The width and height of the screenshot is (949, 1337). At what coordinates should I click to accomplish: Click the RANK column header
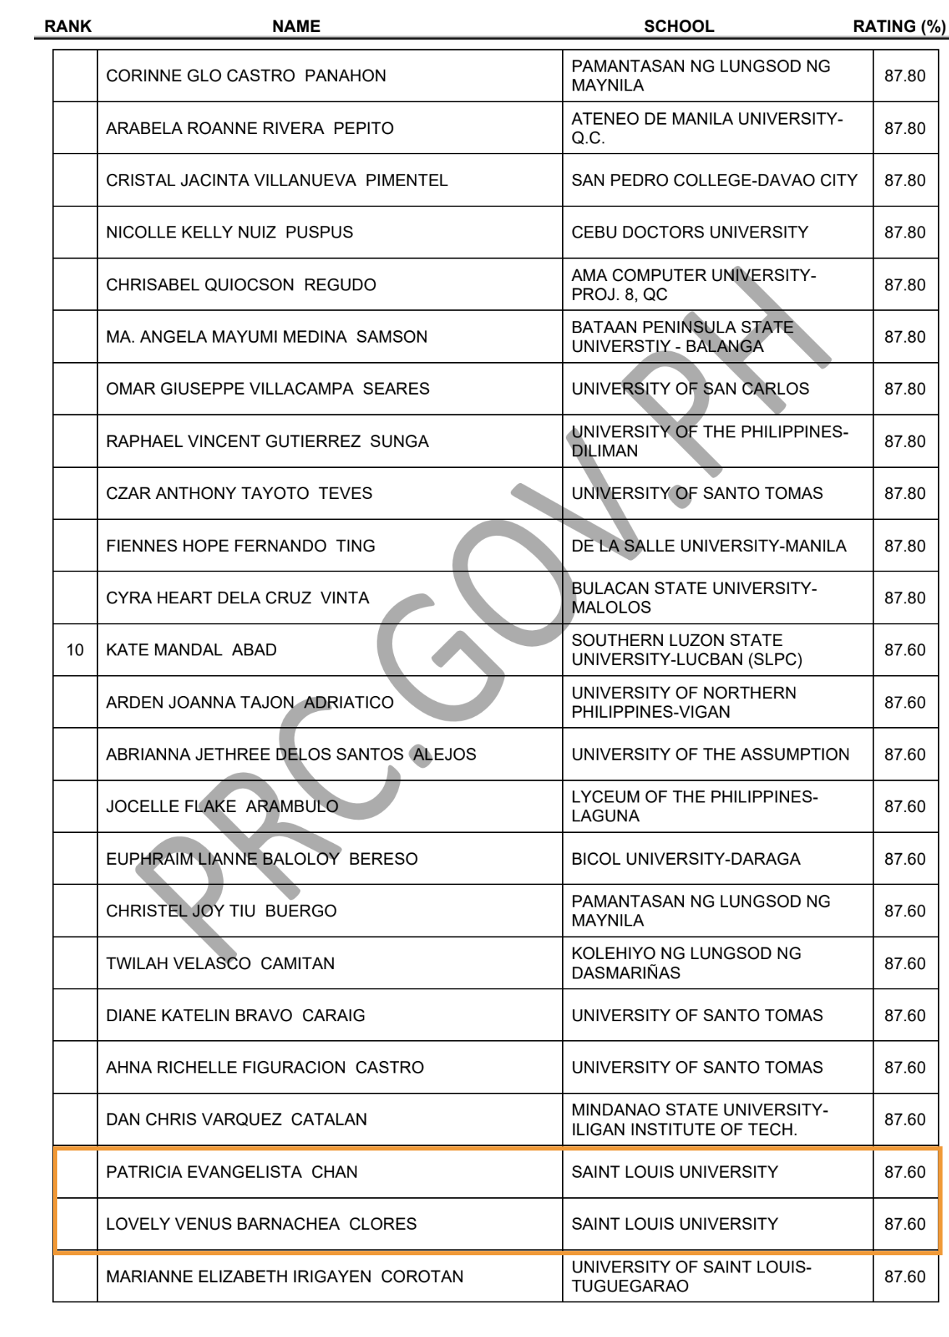pyautogui.click(x=68, y=26)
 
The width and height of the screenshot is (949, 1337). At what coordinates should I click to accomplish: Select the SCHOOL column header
pyautogui.click(x=679, y=26)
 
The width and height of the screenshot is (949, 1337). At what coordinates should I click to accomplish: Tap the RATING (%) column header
pyautogui.click(x=899, y=26)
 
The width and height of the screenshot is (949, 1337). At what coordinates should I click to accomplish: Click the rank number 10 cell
pyautogui.click(x=75, y=650)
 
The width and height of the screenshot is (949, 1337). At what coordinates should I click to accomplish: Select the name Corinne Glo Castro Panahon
pyautogui.click(x=246, y=76)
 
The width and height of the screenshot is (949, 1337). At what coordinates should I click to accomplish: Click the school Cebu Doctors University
pyautogui.click(x=689, y=232)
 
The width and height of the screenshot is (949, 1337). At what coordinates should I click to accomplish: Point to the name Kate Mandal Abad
pyautogui.click(x=191, y=650)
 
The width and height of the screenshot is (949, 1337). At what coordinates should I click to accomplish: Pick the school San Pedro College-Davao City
pyautogui.click(x=714, y=180)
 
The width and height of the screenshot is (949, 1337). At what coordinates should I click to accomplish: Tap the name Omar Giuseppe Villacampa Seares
pyautogui.click(x=267, y=389)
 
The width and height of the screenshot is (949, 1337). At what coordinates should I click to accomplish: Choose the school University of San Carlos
pyautogui.click(x=690, y=389)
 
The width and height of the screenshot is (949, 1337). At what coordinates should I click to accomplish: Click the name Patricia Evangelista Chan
pyautogui.click(x=232, y=1172)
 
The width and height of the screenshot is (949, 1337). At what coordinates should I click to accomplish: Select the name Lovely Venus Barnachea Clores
pyautogui.click(x=261, y=1224)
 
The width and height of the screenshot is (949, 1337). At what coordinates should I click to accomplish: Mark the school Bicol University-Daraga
pyautogui.click(x=685, y=859)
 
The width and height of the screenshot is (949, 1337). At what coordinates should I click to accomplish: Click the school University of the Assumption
pyautogui.click(x=710, y=755)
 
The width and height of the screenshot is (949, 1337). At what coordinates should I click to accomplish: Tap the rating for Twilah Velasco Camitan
pyautogui.click(x=905, y=963)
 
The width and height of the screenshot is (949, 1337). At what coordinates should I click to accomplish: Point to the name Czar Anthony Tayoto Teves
pyautogui.click(x=239, y=493)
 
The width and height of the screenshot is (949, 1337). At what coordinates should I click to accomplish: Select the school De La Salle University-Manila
pyautogui.click(x=708, y=546)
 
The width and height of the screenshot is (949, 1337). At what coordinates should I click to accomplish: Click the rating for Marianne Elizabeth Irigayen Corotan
pyautogui.click(x=905, y=1276)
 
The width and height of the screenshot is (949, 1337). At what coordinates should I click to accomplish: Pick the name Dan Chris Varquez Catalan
pyautogui.click(x=236, y=1120)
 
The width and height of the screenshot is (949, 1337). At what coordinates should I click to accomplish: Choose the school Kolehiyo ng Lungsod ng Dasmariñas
pyautogui.click(x=685, y=963)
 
